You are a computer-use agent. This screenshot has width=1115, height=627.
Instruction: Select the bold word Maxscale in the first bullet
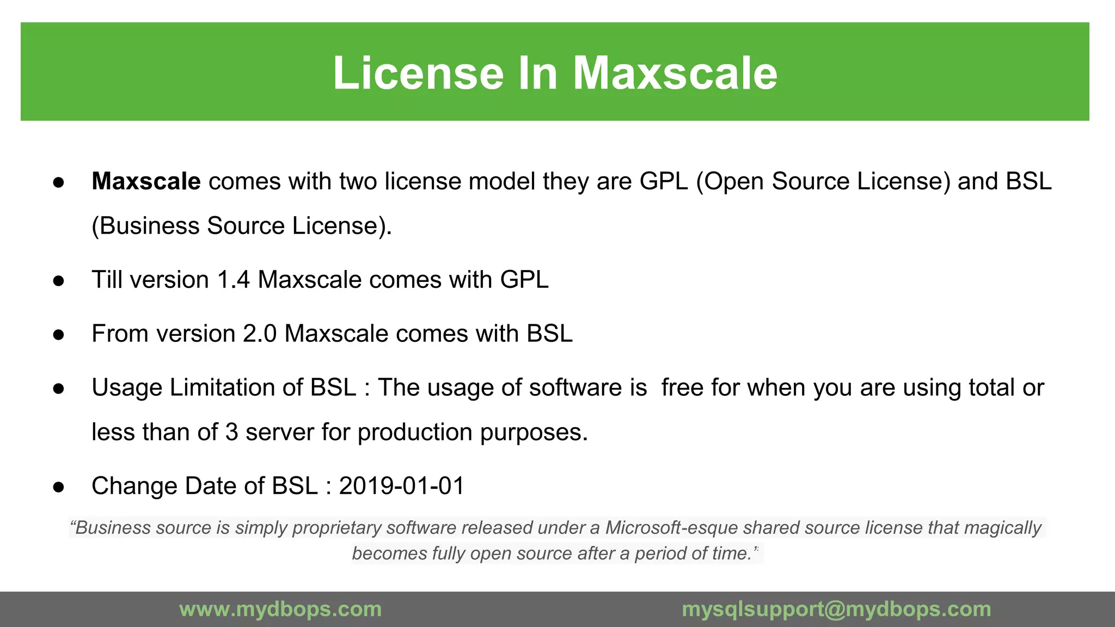(146, 181)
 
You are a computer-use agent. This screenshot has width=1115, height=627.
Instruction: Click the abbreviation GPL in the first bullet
(664, 181)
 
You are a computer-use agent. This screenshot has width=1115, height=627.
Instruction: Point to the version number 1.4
(233, 280)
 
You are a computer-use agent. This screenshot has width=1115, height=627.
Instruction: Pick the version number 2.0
(260, 334)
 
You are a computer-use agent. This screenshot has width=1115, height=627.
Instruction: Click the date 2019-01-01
(402, 486)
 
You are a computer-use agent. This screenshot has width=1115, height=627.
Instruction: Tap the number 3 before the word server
(231, 432)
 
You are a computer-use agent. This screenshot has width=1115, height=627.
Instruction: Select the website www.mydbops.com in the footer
(280, 609)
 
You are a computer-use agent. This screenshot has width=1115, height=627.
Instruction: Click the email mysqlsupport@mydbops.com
(836, 609)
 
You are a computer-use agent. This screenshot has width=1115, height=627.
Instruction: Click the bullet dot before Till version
(59, 281)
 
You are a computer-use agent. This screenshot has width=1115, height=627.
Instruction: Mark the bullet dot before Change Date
(59, 487)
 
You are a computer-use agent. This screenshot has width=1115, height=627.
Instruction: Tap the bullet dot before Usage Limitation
(59, 389)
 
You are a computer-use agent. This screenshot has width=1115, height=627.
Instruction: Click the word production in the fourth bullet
(415, 432)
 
